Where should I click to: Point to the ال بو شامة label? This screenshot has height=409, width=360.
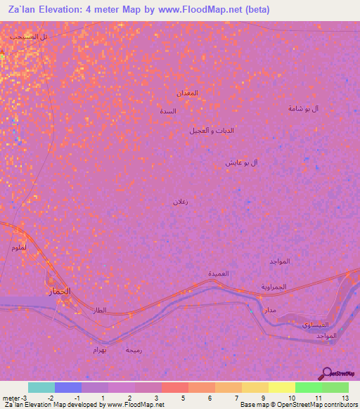304,108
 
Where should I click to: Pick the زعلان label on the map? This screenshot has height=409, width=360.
181,202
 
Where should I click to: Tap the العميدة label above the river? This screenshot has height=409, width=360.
218,273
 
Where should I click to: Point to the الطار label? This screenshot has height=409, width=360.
99,309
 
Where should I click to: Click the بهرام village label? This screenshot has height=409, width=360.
100,349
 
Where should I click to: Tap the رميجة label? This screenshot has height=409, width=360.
133,349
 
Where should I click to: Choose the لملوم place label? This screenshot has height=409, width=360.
20,247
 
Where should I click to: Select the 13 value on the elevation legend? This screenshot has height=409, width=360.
345,398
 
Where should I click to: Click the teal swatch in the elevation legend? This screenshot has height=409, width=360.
41,387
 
